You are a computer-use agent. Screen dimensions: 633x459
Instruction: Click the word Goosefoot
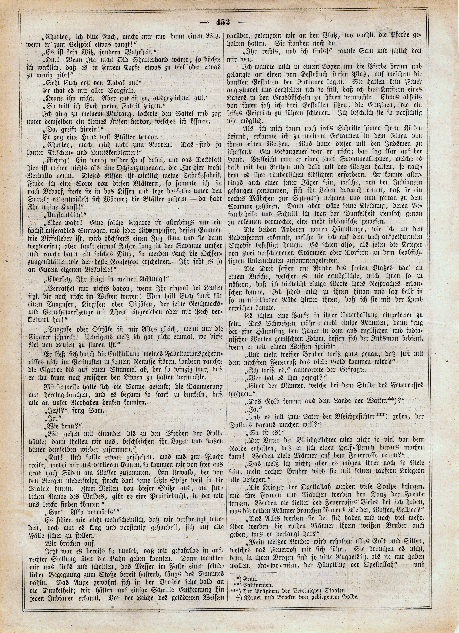click(129, 263)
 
